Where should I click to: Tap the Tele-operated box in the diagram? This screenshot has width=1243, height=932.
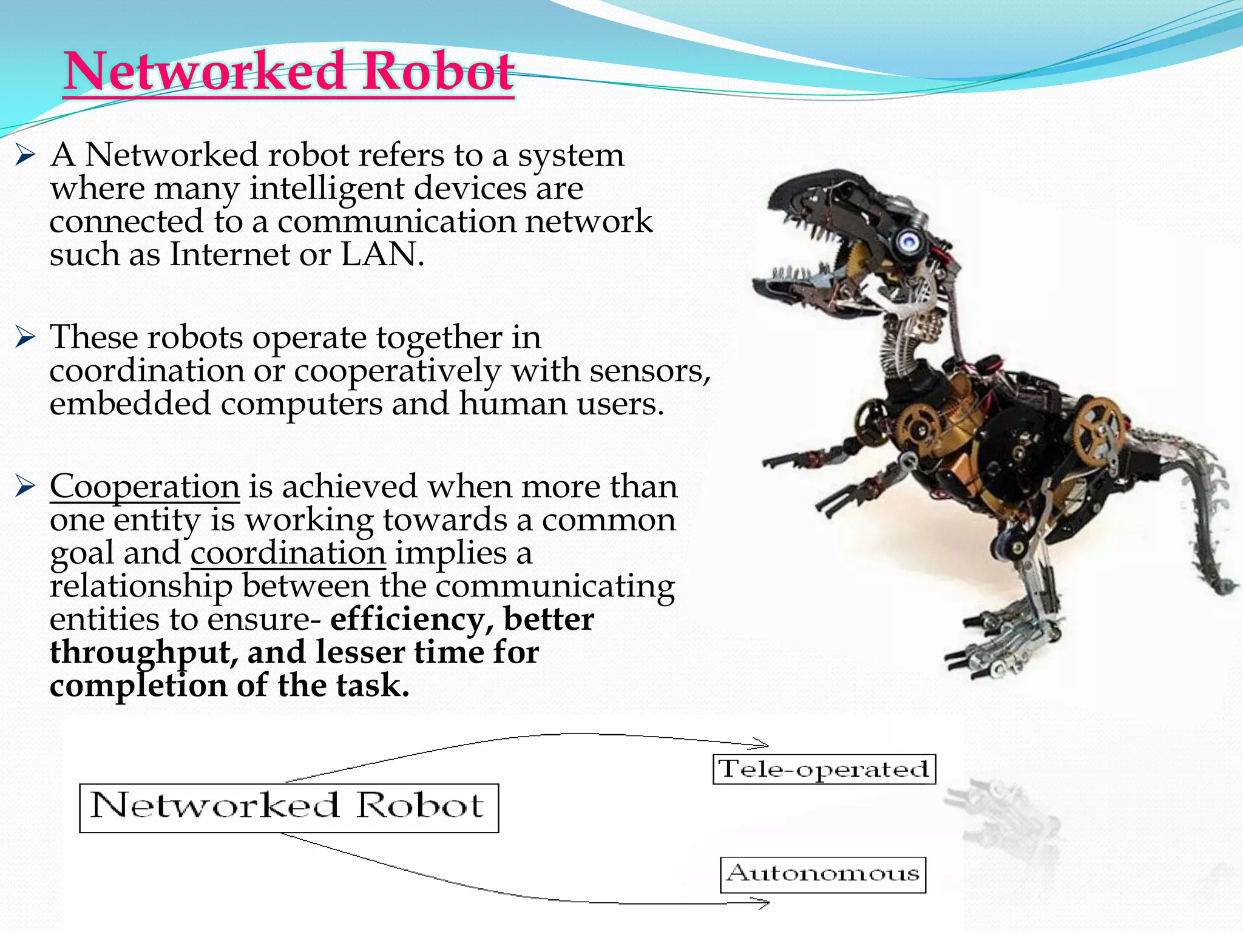(824, 769)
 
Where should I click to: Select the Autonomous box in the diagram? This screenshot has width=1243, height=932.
(822, 874)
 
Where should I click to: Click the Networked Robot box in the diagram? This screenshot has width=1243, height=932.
(288, 808)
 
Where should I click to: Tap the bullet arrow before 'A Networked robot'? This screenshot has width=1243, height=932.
(25, 156)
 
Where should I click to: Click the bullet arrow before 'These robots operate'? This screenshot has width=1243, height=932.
(25, 337)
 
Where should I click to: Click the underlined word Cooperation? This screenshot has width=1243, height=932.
(144, 487)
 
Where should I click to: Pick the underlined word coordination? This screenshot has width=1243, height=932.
(288, 553)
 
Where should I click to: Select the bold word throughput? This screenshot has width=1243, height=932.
(143, 653)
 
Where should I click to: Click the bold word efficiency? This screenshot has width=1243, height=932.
(415, 620)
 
